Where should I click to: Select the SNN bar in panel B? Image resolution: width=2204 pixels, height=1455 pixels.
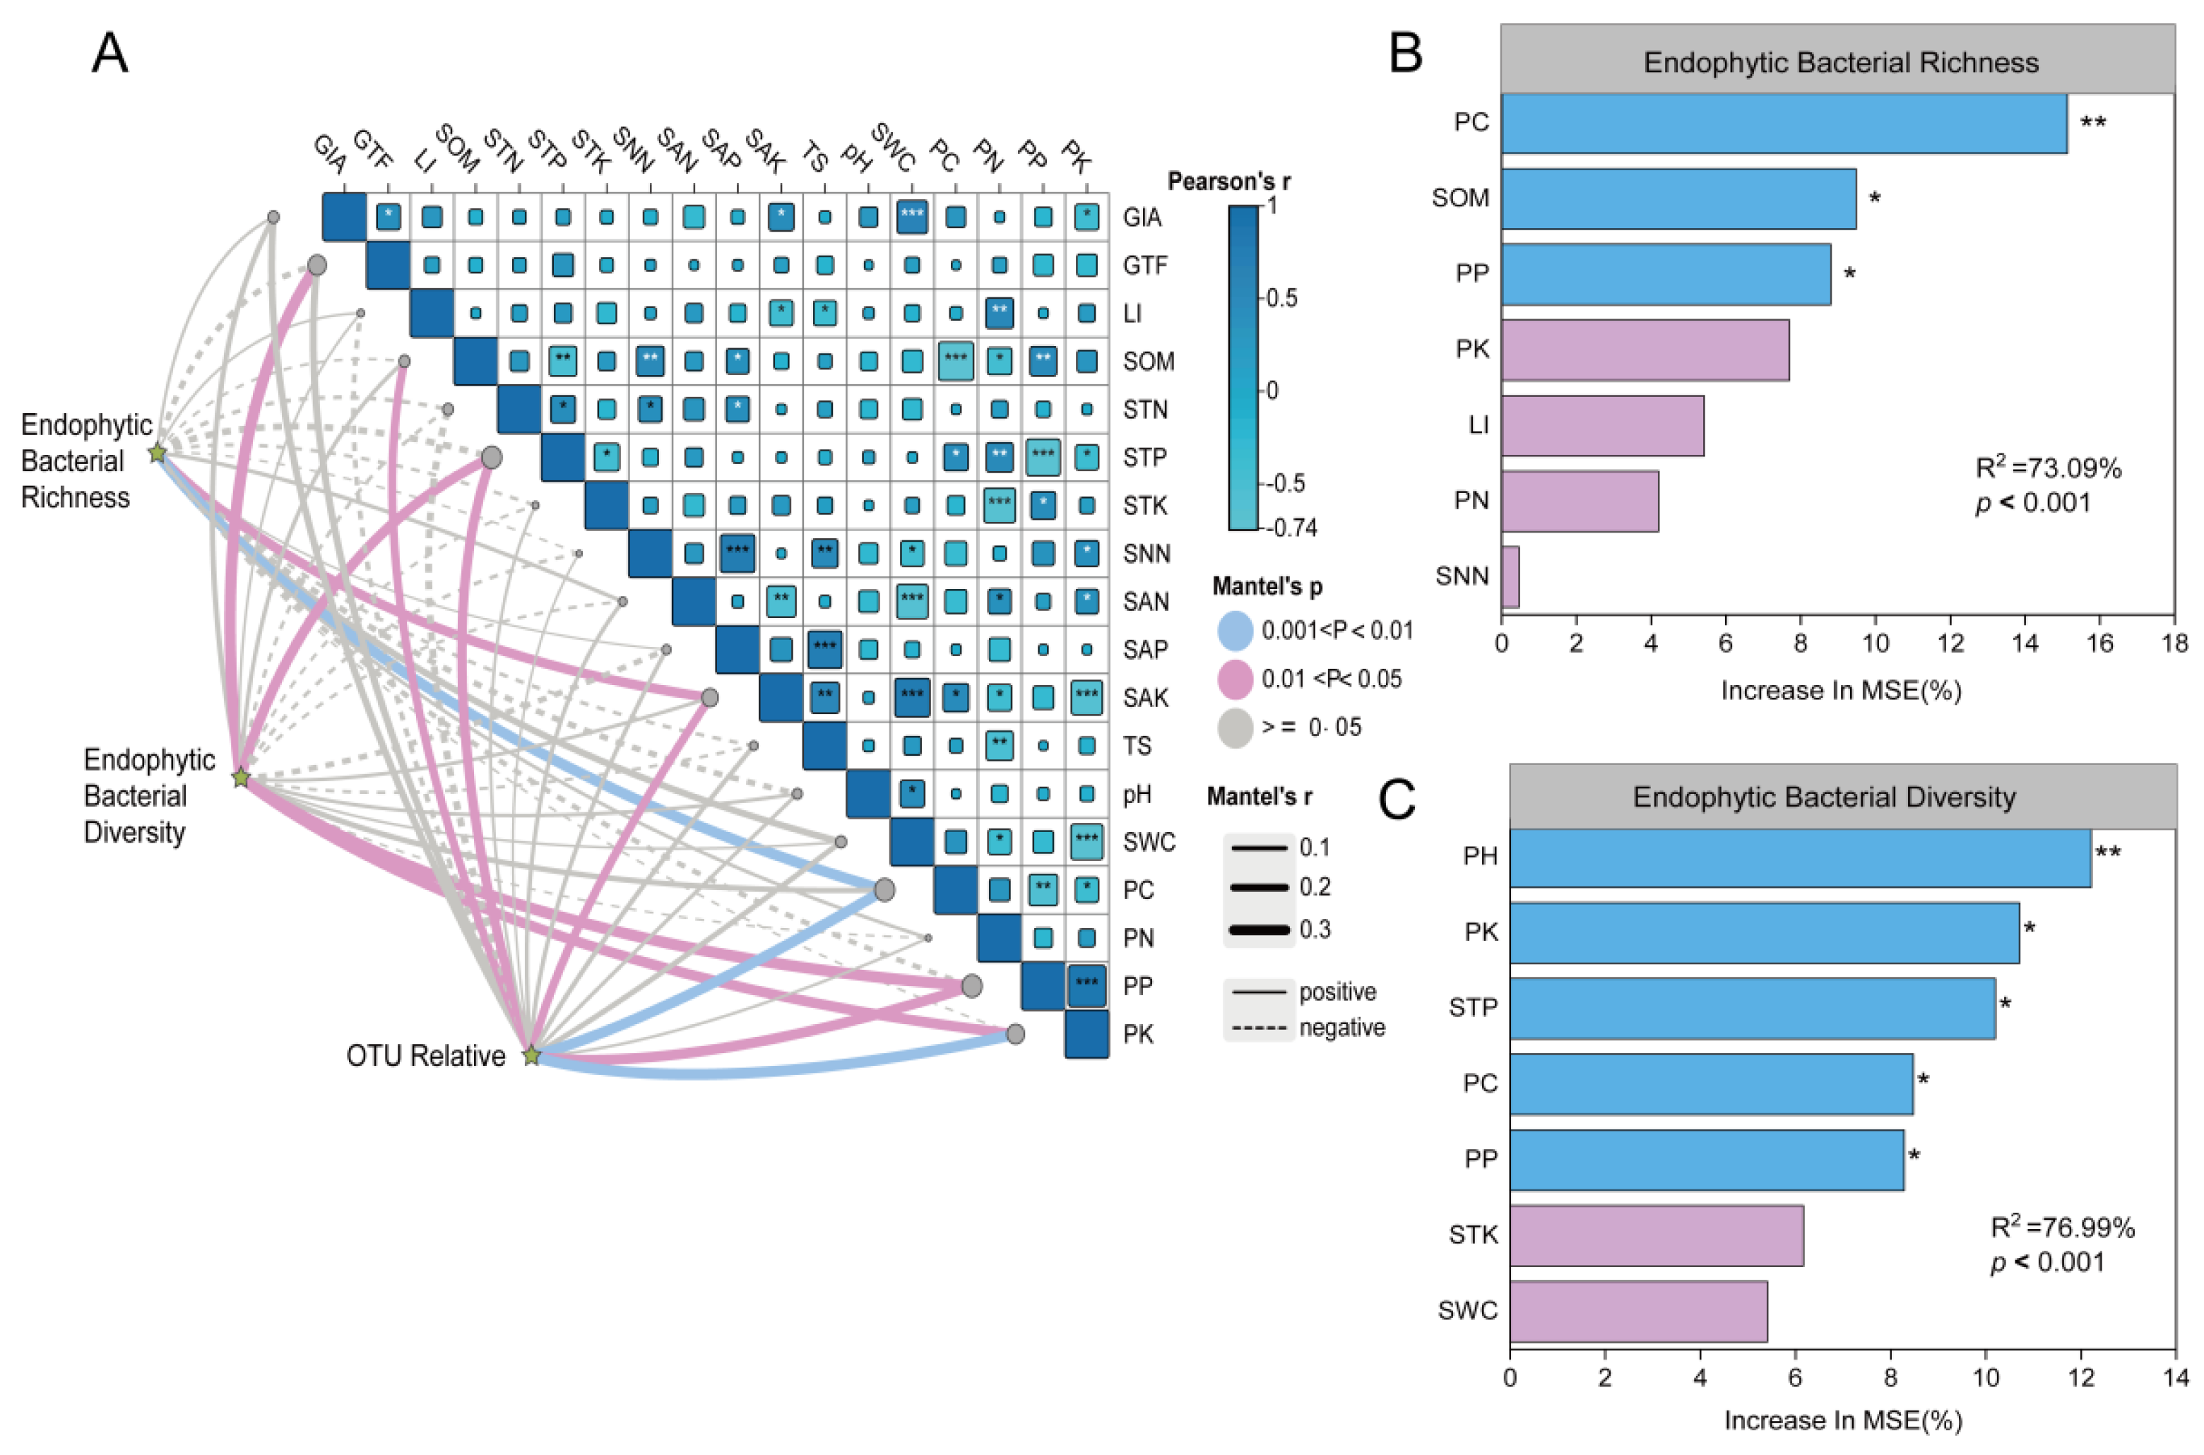1510,576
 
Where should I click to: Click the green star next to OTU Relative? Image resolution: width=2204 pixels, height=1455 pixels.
531,1056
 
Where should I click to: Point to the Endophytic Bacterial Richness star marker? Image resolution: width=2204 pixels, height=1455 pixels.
158,453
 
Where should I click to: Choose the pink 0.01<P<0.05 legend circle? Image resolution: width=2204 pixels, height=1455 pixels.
1236,679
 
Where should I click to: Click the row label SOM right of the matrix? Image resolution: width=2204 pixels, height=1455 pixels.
1148,362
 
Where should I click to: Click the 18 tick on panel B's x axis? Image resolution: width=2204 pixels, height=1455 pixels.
2174,643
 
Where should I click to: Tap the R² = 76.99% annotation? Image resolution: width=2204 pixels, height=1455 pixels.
2062,1228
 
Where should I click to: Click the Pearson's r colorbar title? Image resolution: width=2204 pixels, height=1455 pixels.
1228,182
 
